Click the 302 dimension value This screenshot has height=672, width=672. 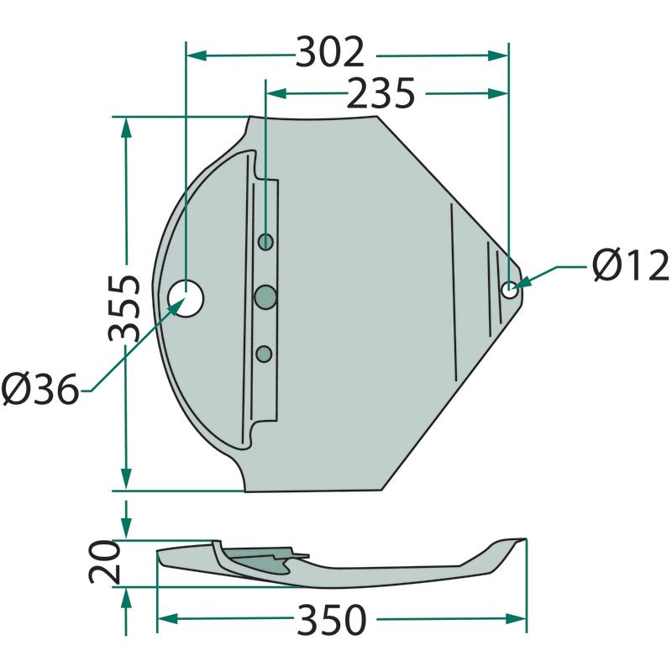[x=329, y=52]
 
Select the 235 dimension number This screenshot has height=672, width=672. [x=381, y=92]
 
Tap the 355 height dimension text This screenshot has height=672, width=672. [x=124, y=307]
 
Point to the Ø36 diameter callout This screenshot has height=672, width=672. [x=40, y=389]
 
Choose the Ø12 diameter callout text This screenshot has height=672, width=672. [x=631, y=265]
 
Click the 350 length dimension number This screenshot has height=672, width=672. [x=332, y=619]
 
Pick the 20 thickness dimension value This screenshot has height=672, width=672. [x=104, y=562]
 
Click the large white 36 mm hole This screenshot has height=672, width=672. [x=186, y=299]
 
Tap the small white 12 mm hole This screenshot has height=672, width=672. [x=510, y=291]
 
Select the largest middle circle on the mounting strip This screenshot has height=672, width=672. [x=265, y=297]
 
